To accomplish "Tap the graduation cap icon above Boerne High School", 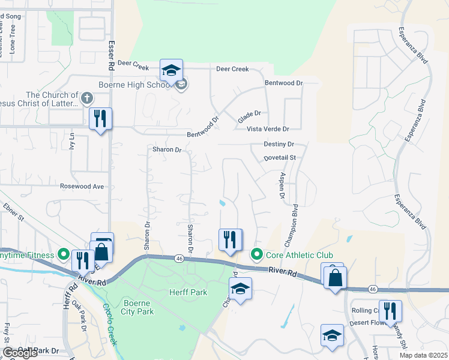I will click(x=171, y=70).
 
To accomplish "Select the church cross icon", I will click(x=86, y=98).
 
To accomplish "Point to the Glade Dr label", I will click(x=250, y=117).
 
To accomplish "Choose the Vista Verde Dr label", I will click(x=268, y=129).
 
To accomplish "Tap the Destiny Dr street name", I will click(x=279, y=145).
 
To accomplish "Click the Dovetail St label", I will click(x=280, y=158).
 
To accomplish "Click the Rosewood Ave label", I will click(x=82, y=187).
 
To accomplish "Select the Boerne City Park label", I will click(x=139, y=307).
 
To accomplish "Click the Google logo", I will click(x=20, y=353).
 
